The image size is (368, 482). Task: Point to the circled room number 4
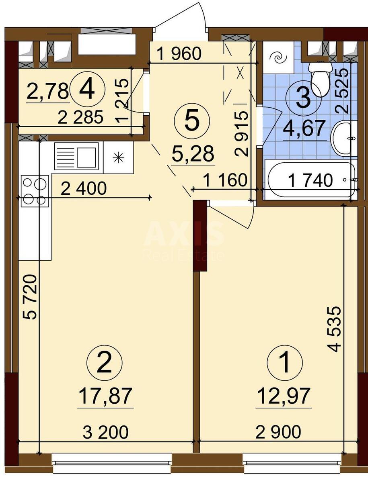point(87,89)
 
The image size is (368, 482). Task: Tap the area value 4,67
point(304,130)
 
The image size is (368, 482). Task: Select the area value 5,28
point(192,154)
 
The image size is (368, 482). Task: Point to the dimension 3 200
point(105,432)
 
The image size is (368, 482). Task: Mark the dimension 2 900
point(278,432)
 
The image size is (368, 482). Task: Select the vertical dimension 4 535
point(335,329)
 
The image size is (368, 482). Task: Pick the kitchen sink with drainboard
point(76,155)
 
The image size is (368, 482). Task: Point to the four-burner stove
point(34,190)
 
